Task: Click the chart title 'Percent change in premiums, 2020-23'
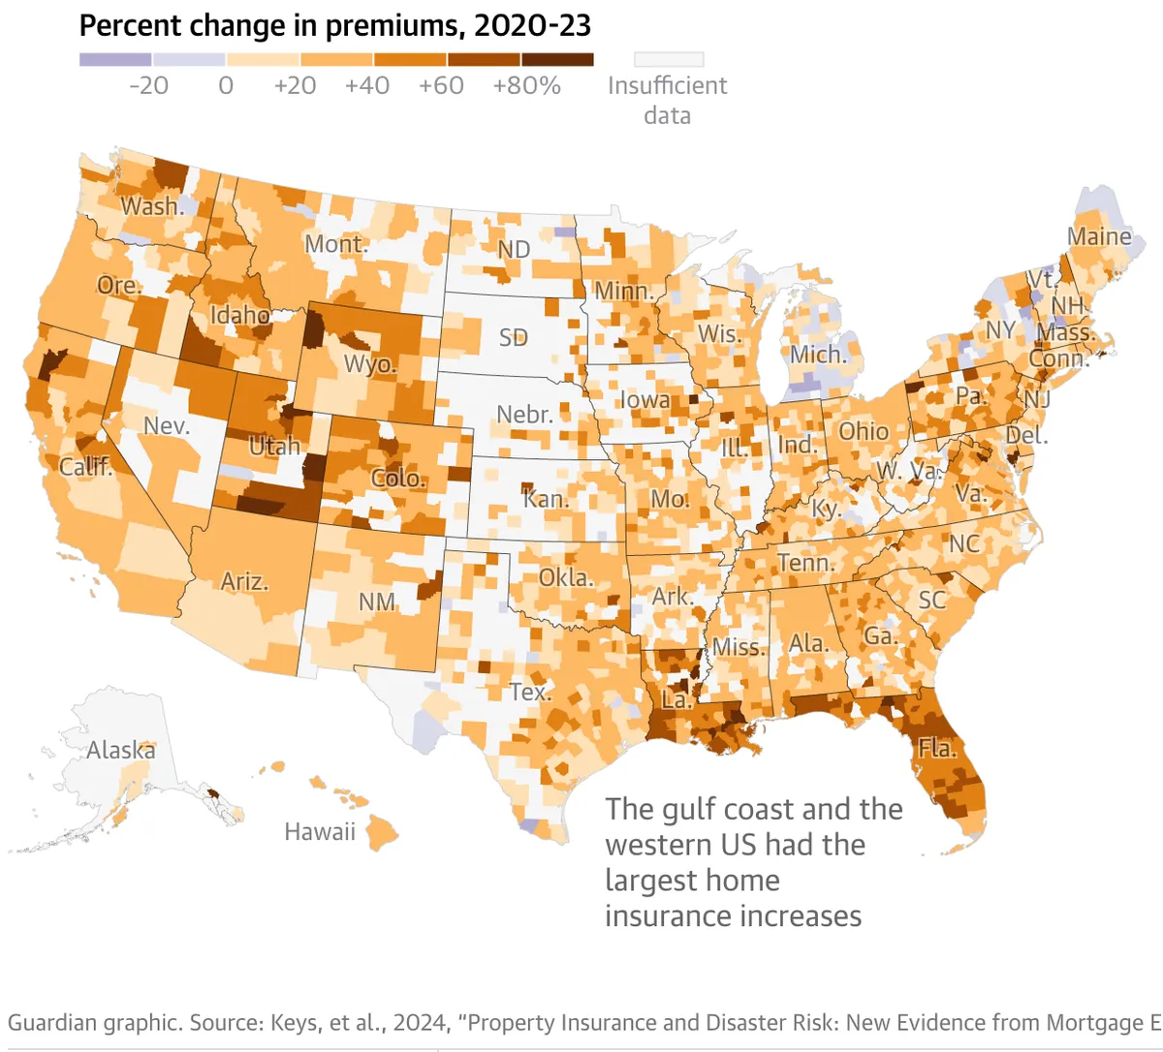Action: (x=334, y=25)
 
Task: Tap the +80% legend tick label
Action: (x=526, y=85)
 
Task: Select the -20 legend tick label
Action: (x=148, y=85)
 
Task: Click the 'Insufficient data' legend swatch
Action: (x=668, y=59)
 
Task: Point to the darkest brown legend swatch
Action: (x=557, y=59)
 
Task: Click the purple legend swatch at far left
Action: (x=115, y=59)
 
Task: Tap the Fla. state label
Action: (x=937, y=748)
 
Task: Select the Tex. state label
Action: (x=530, y=692)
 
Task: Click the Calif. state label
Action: (x=85, y=467)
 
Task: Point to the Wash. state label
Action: (x=152, y=206)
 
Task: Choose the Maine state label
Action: (x=1099, y=236)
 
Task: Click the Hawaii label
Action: (x=320, y=831)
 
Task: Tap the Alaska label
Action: (x=120, y=750)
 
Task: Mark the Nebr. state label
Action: (x=524, y=415)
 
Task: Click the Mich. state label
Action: (x=818, y=355)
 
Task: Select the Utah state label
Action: (x=274, y=447)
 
